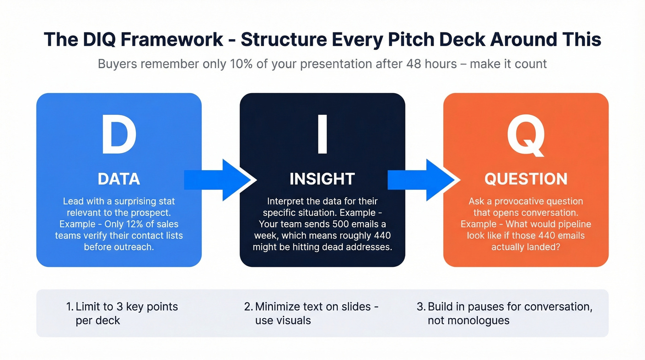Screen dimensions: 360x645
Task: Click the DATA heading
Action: coord(119,179)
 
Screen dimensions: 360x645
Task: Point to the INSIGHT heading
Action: coord(322,179)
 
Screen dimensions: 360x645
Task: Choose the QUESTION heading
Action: coord(526,179)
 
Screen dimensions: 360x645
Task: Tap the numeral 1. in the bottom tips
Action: coord(70,307)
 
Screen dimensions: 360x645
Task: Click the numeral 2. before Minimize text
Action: coord(248,307)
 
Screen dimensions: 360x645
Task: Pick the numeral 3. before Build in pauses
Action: coord(421,307)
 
